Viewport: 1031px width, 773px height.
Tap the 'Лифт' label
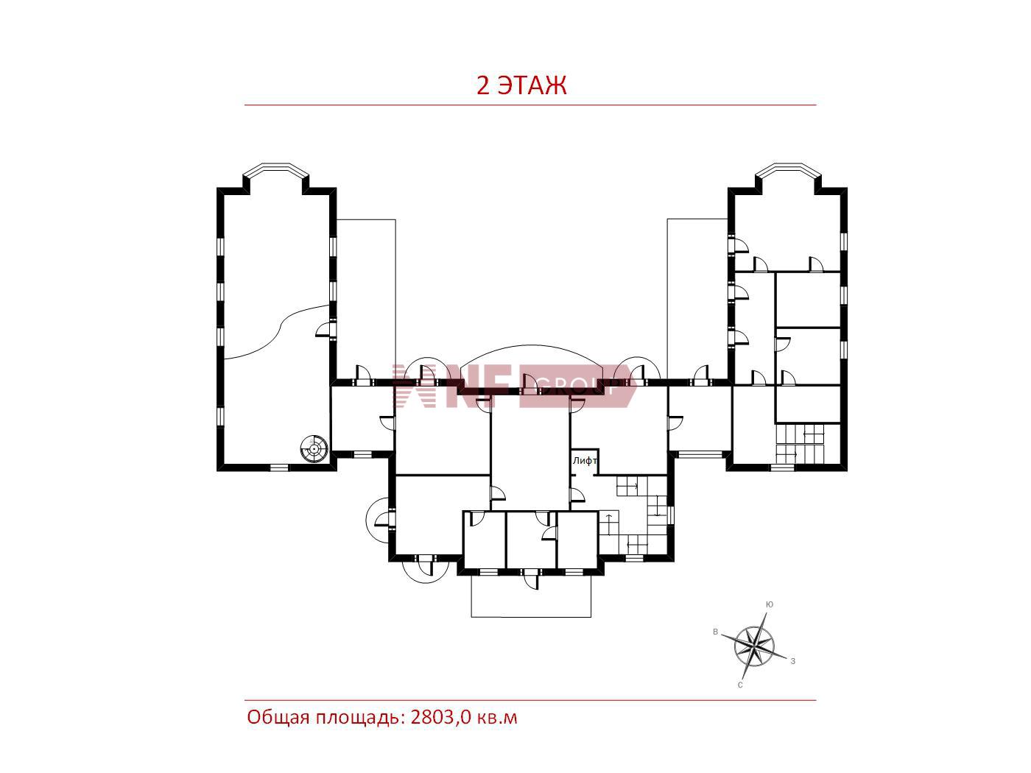585,460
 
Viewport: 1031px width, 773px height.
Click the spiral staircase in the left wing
313,448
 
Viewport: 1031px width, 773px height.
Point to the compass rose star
753,646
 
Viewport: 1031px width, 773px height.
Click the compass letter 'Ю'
769,604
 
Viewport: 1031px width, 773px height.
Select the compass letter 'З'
793,661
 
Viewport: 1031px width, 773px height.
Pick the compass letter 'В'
715,632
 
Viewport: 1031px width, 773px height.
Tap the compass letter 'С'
740,685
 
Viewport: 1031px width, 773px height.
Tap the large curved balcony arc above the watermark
531,346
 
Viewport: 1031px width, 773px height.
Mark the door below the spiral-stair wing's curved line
323,330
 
